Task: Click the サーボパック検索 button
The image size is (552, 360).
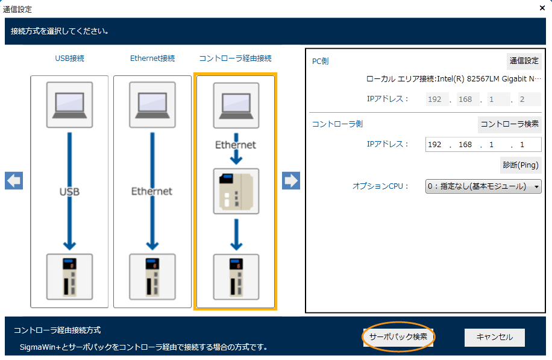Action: (398, 336)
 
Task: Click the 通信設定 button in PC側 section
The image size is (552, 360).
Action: (524, 61)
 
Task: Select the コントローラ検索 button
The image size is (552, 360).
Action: (509, 124)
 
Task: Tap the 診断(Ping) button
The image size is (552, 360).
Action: (520, 165)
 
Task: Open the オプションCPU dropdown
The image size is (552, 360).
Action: (483, 186)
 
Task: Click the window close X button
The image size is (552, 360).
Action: (542, 8)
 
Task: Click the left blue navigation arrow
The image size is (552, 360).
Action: (14, 180)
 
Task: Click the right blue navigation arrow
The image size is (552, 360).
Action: (291, 180)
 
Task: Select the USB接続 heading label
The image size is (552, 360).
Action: (69, 58)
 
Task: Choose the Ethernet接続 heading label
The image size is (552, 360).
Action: (152, 58)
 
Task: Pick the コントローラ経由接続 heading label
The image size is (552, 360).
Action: (236, 58)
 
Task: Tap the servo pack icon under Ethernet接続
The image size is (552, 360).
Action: (152, 277)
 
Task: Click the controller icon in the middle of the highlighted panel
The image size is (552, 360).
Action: (236, 191)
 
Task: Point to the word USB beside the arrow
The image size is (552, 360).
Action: (69, 192)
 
